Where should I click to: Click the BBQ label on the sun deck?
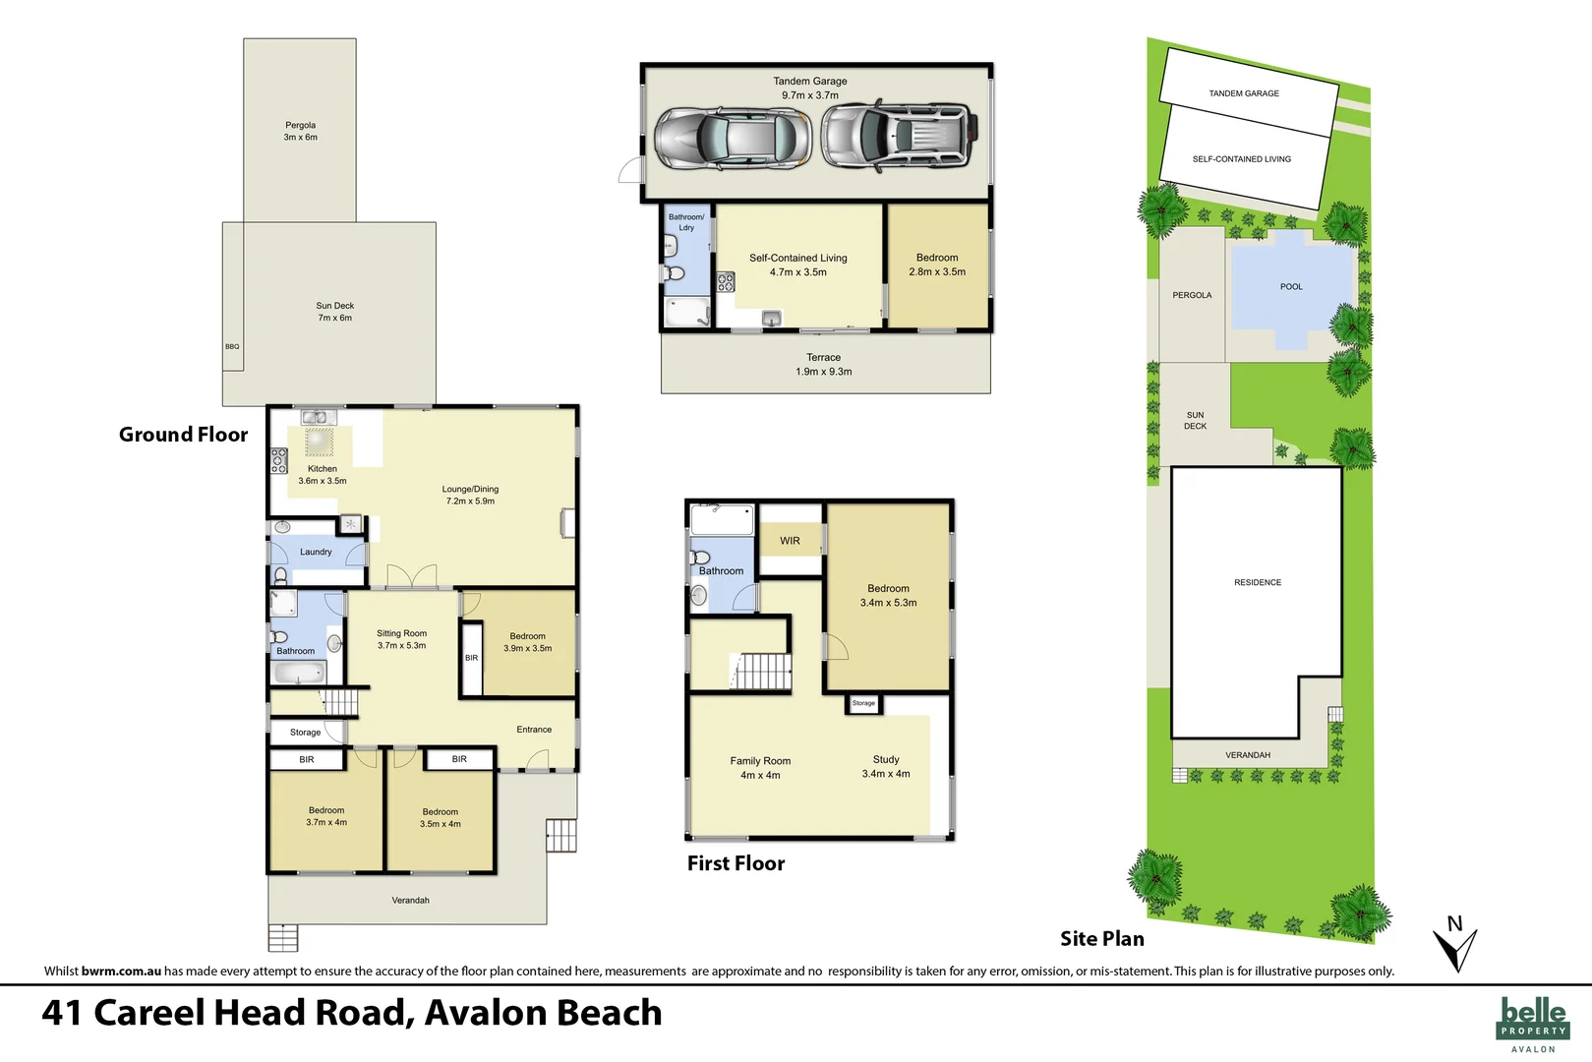232,346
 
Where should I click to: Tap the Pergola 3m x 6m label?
300,131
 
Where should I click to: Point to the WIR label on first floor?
790,541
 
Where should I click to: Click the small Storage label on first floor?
863,703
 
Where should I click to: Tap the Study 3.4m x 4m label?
886,766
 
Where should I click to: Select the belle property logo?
1533,1022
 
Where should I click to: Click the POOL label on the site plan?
1291,287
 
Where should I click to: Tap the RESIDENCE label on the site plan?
1258,582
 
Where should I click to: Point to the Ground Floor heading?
183,435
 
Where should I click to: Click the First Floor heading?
736,863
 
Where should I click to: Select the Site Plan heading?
1101,939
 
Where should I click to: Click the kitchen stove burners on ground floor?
279,460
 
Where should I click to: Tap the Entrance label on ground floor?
534,730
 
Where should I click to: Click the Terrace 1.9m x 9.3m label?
823,365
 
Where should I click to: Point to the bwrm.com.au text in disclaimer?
121,971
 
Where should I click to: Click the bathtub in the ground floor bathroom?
299,673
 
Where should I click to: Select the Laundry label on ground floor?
316,552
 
